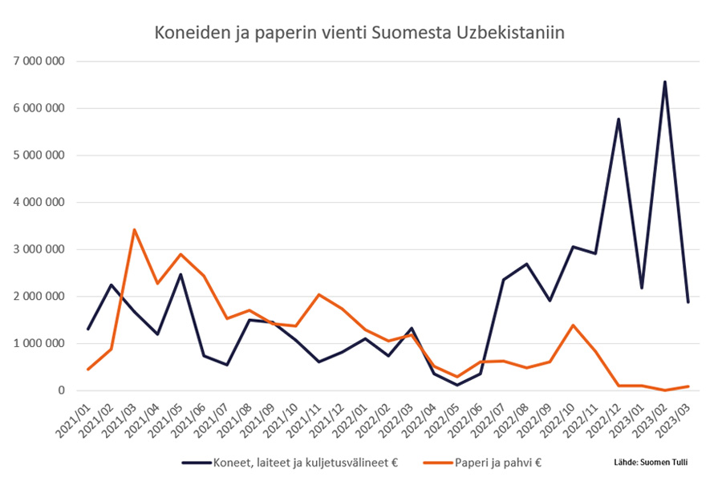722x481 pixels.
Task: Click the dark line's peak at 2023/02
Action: [x=664, y=82]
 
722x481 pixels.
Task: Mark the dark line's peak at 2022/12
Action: [x=619, y=119]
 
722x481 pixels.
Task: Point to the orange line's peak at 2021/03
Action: [x=135, y=230]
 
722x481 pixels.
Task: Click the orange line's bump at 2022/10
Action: [x=573, y=325]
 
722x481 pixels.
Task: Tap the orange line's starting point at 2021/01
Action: [x=88, y=370]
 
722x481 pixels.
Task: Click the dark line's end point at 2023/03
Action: [x=688, y=302]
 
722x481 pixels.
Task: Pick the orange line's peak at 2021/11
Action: [x=318, y=295]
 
